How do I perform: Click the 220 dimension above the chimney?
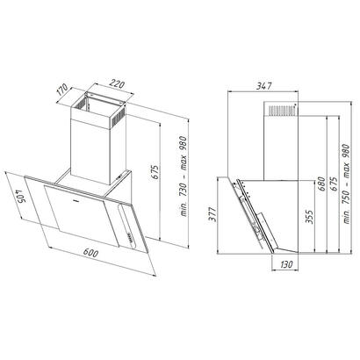click(x=117, y=84)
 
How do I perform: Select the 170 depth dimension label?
click(x=62, y=90)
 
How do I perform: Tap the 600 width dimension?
click(x=90, y=253)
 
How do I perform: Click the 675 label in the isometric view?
click(x=155, y=172)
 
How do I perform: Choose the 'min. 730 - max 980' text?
click(x=184, y=176)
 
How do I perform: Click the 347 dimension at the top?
click(x=264, y=86)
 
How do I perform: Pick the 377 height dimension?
click(x=213, y=214)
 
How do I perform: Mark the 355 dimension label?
click(x=309, y=216)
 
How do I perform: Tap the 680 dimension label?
click(x=322, y=184)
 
